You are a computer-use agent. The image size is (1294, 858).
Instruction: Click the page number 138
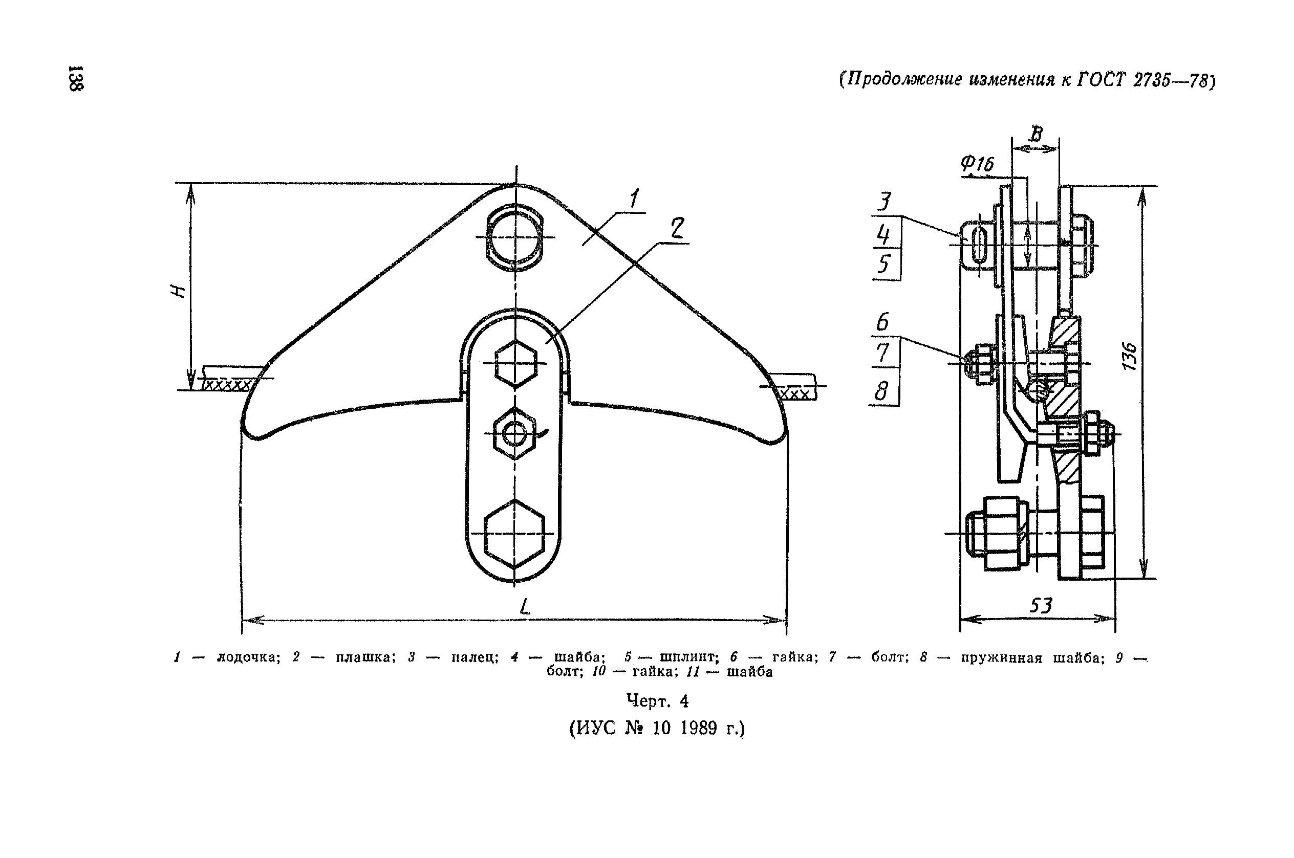pyautogui.click(x=75, y=78)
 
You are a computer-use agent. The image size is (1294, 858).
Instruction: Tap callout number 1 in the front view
pyautogui.click(x=634, y=198)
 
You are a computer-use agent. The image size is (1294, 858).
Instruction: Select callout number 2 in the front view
pyautogui.click(x=677, y=228)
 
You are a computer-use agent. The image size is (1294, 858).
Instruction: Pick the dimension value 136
pyautogui.click(x=1129, y=356)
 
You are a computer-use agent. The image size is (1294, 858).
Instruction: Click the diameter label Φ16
pyautogui.click(x=977, y=164)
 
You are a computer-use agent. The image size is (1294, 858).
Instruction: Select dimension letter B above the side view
pyautogui.click(x=1036, y=134)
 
